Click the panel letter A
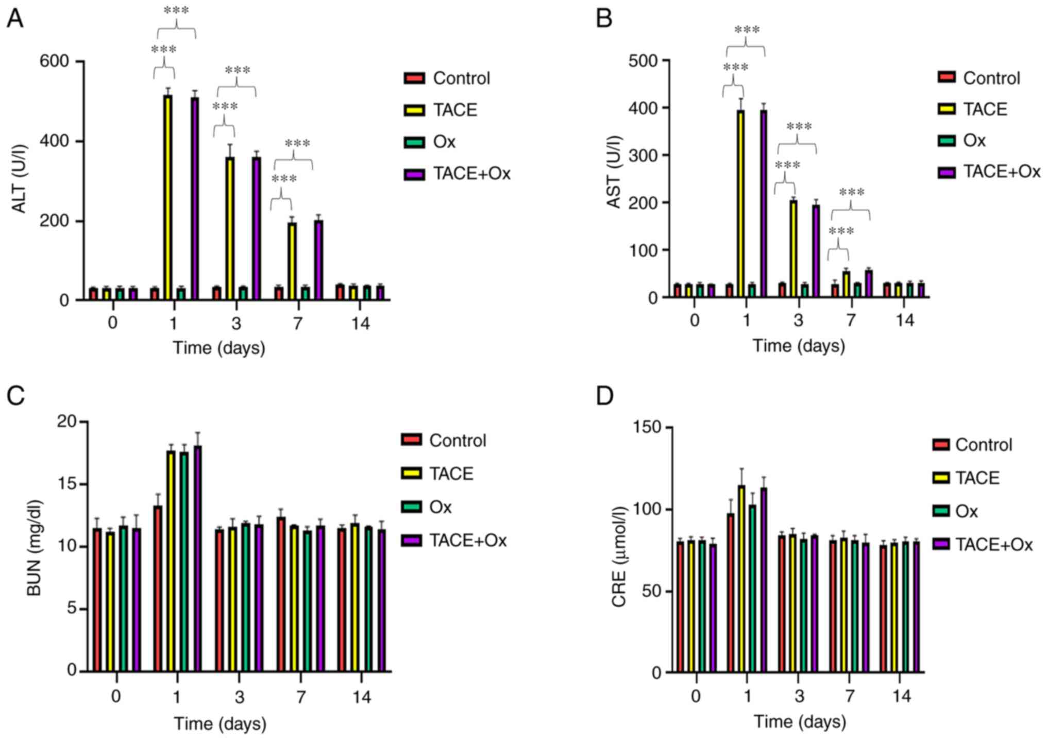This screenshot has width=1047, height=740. click(15, 19)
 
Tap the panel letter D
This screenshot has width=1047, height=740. click(604, 396)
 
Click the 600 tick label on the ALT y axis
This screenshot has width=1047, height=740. click(54, 61)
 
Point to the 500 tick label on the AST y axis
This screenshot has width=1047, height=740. click(643, 61)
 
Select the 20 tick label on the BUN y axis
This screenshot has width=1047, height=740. click(66, 422)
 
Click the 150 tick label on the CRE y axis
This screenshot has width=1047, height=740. click(647, 428)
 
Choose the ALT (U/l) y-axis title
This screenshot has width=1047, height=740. click(20, 179)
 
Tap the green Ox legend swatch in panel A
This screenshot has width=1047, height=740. click(414, 142)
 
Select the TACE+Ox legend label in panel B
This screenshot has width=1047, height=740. click(1002, 172)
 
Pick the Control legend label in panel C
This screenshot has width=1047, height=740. click(458, 441)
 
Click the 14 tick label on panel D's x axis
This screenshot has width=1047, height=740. click(901, 697)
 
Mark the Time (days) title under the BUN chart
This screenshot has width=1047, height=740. click(220, 724)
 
